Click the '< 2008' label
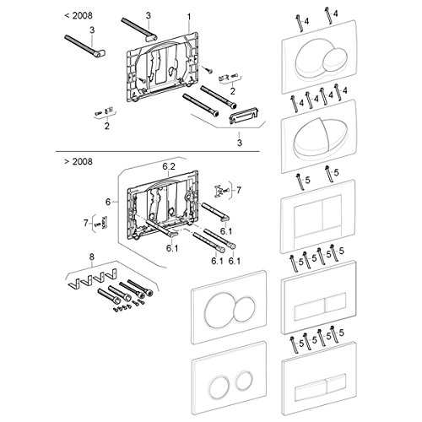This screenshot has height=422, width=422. click(78, 15)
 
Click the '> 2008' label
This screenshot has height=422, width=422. click(78, 161)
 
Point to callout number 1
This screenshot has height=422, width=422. click(189, 17)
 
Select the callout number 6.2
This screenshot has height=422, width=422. click(169, 166)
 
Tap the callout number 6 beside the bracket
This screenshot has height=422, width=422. click(108, 202)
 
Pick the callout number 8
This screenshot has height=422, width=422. click(92, 257)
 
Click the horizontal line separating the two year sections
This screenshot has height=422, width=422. click(158, 152)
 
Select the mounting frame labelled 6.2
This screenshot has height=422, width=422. click(163, 204)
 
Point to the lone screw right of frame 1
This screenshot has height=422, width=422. click(208, 69)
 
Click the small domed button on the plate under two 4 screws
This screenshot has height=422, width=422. click(334, 59)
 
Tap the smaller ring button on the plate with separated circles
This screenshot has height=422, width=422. click(243, 380)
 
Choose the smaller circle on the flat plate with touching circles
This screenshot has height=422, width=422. click(245, 309)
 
